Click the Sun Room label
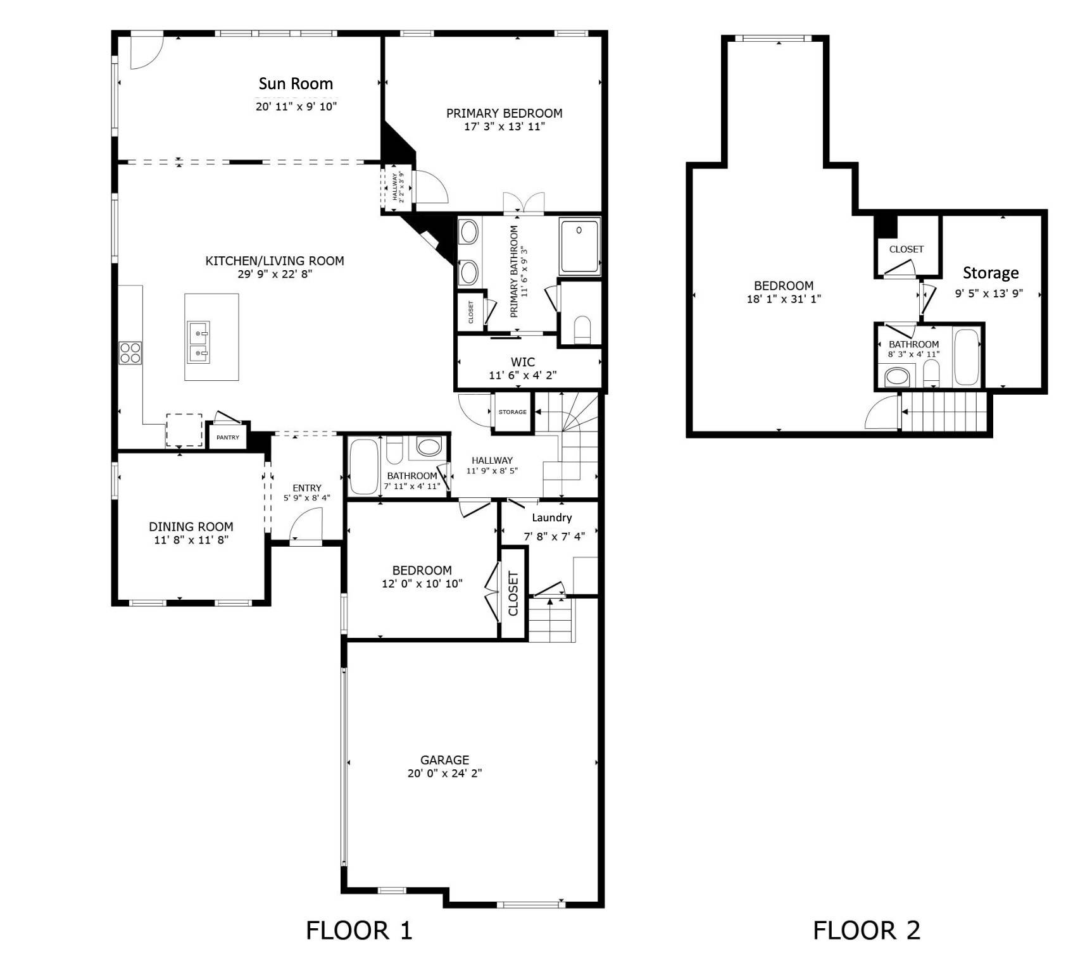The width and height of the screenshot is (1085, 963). pos(296,84)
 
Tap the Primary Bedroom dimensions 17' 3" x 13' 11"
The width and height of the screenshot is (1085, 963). pos(504,127)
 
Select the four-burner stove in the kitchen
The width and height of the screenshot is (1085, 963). pos(130,352)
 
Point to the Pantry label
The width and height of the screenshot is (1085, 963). pos(228,437)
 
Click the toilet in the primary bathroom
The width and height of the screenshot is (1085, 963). pos(581,330)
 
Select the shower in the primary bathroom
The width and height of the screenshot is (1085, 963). pos(579,245)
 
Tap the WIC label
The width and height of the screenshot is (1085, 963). pos(523,362)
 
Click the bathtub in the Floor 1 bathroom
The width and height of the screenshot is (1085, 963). pos(363,466)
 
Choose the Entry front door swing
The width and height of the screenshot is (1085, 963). pos(306,526)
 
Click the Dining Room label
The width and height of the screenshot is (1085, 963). pos(191,526)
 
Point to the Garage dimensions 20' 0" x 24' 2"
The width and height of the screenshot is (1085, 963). pos(444,773)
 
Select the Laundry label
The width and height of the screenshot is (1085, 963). pos(551,518)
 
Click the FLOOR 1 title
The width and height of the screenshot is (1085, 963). pos(359,930)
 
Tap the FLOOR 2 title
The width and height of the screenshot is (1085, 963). pos(866,930)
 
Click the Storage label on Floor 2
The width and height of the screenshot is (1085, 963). pos(990,273)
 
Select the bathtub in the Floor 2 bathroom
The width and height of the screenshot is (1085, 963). pos(966,357)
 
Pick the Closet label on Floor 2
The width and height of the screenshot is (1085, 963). pos(906,249)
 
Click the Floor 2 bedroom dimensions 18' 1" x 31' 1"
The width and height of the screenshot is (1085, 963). pos(784,299)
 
